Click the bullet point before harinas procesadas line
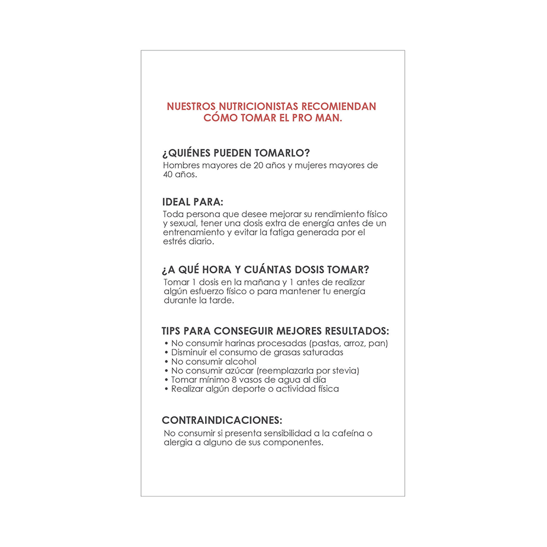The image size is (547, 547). click(166, 344)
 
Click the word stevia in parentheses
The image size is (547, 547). click(344, 371)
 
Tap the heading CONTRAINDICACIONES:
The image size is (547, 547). click(222, 421)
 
